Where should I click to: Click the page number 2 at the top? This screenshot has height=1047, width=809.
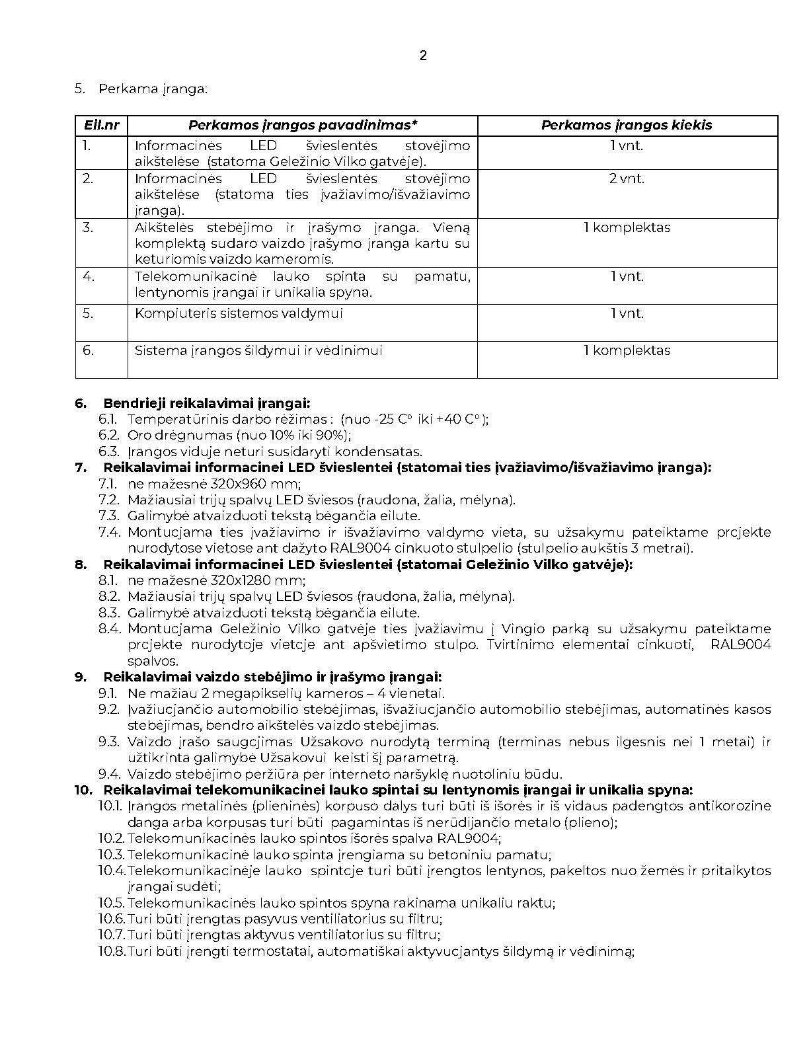tap(423, 56)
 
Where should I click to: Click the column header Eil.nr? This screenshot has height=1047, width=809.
tap(102, 125)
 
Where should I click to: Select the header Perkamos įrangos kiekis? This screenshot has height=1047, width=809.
tap(627, 125)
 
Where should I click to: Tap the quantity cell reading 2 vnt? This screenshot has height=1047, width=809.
tap(627, 178)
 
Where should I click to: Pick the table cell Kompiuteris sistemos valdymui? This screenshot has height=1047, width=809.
tap(239, 313)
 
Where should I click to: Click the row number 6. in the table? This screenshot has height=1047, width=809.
tap(89, 350)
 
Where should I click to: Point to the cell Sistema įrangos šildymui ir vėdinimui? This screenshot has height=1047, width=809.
tap(258, 350)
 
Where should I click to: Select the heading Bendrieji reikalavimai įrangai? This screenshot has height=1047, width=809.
tap(206, 403)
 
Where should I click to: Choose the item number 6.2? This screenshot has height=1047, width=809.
tap(109, 435)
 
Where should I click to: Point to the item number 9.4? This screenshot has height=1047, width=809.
tap(109, 774)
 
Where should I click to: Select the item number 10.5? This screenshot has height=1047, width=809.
tap(112, 903)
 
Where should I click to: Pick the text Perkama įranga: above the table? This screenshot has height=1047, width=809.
tap(153, 89)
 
